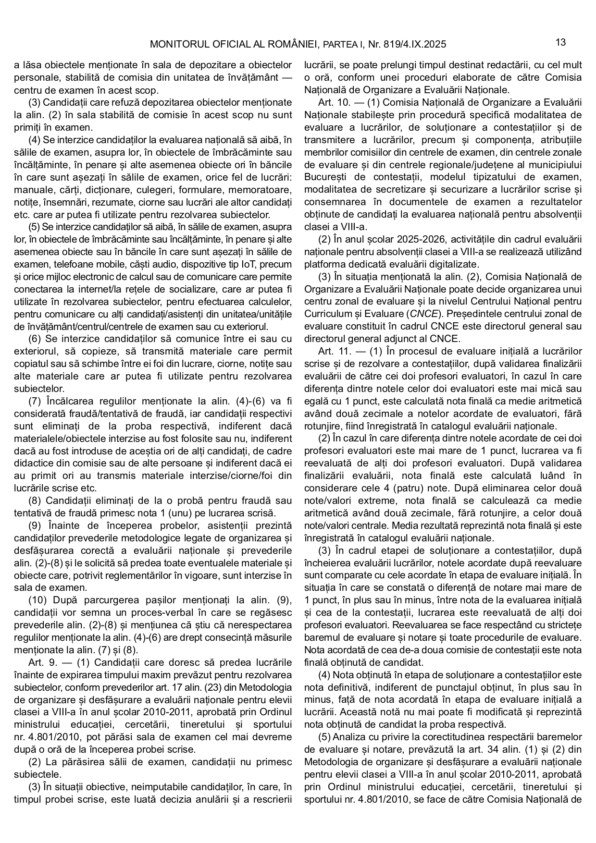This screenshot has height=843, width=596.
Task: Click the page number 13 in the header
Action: (x=560, y=42)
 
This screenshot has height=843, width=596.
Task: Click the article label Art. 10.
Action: (x=332, y=102)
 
